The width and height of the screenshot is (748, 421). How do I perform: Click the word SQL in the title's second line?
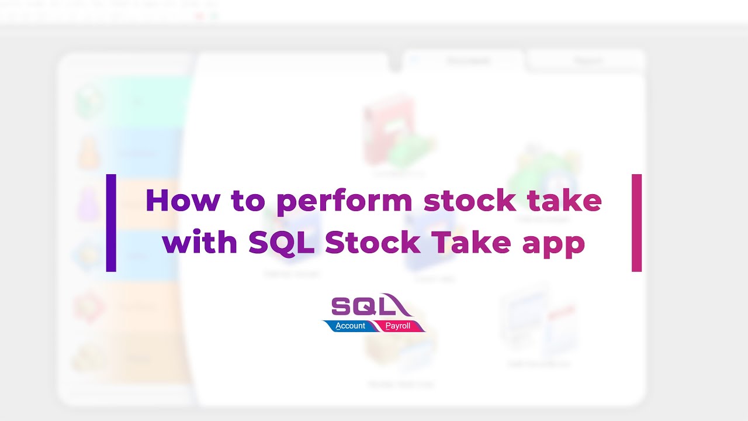[282, 242]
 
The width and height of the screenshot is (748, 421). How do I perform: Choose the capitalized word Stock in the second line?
[373, 241]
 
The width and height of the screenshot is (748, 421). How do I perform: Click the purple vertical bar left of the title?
[111, 222]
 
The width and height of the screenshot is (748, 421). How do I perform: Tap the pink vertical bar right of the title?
[636, 222]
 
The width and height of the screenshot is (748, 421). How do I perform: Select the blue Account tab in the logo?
[349, 326]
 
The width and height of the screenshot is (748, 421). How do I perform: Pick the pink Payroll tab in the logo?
[399, 326]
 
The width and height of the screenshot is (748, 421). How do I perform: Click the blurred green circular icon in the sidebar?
[90, 101]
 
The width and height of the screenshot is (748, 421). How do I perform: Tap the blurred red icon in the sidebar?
[89, 306]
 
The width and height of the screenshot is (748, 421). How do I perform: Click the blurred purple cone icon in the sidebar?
[89, 204]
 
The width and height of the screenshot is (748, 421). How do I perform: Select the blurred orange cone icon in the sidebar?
[89, 153]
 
